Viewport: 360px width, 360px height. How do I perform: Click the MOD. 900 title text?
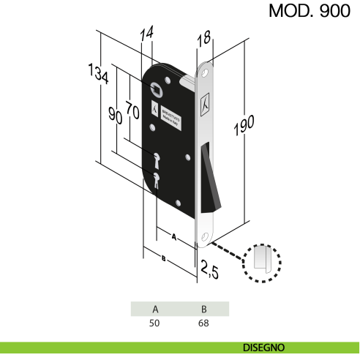(x=310, y=12)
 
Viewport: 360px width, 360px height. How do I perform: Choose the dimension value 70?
(x=132, y=110)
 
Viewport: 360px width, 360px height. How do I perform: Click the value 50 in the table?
(x=154, y=322)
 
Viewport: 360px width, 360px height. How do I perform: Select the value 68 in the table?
(x=204, y=322)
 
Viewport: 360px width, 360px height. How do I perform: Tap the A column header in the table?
(x=154, y=309)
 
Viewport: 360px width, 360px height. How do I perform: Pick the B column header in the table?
(x=204, y=309)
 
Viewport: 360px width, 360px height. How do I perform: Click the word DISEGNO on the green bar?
(x=264, y=348)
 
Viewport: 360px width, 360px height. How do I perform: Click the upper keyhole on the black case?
(x=157, y=158)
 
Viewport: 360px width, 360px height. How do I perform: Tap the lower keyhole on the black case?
(x=157, y=179)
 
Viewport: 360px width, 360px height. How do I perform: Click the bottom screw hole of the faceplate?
(x=206, y=237)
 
